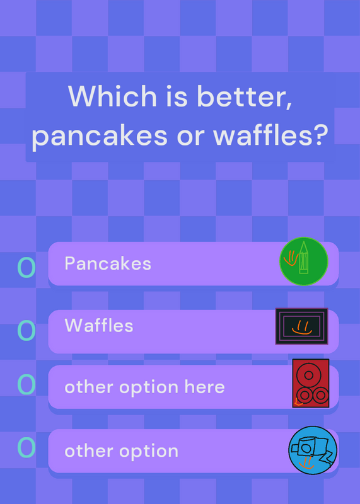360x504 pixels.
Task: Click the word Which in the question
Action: pyautogui.click(x=112, y=96)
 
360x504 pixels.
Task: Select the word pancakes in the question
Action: pyautogui.click(x=100, y=136)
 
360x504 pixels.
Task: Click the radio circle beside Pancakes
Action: pyautogui.click(x=26, y=267)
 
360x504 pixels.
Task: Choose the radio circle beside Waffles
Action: pyautogui.click(x=26, y=330)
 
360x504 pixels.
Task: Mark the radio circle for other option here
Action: pyautogui.click(x=26, y=384)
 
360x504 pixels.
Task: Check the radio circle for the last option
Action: pyautogui.click(x=26, y=447)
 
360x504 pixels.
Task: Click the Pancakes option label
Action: pyautogui.click(x=108, y=263)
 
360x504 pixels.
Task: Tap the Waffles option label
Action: pyautogui.click(x=99, y=325)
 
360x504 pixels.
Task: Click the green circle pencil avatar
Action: pyautogui.click(x=304, y=261)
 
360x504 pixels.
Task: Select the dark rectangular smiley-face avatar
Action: pyautogui.click(x=302, y=326)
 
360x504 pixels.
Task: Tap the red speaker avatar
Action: pyautogui.click(x=311, y=383)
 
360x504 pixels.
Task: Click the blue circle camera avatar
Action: pyautogui.click(x=313, y=450)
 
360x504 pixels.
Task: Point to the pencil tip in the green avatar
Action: pyautogui.click(x=304, y=242)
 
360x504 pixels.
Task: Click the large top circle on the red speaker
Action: pyautogui.click(x=308, y=375)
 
